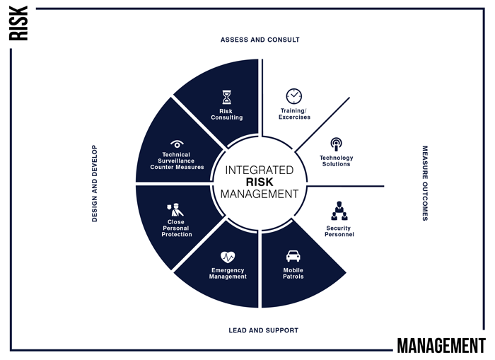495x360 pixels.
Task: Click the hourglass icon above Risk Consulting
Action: point(227,98)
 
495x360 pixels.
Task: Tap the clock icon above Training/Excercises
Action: point(294,96)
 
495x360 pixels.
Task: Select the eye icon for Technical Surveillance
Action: point(177,144)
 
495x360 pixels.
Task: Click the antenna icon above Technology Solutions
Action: point(336,144)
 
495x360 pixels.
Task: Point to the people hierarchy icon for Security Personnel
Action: point(339,211)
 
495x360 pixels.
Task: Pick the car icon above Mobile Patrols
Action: point(293,256)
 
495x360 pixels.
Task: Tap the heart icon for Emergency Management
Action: point(228,257)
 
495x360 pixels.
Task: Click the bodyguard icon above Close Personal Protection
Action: point(175,209)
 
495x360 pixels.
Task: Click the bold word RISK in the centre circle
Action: point(260,182)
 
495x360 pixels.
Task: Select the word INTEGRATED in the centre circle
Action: point(260,170)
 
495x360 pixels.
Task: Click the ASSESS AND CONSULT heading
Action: point(260,40)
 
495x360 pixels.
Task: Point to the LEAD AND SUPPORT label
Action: point(263,330)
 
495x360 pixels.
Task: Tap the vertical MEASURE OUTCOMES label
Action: point(425,183)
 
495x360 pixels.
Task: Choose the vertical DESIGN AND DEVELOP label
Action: point(94,183)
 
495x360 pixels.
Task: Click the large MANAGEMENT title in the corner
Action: point(441,345)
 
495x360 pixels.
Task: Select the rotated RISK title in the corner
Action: point(18,23)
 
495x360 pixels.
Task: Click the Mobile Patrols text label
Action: point(293,273)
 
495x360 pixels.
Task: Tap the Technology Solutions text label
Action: point(336,161)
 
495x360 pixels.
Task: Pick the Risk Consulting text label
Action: point(227,115)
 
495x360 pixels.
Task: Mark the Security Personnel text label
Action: point(339,231)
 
